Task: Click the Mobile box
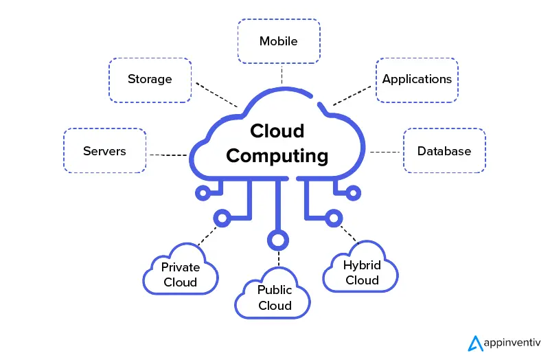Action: tap(278, 41)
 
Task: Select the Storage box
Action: tap(150, 79)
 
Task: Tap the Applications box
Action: tap(417, 79)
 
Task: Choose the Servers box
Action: tap(104, 150)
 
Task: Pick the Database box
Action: tap(444, 150)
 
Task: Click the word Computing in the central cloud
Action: tap(277, 156)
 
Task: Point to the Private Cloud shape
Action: tap(180, 274)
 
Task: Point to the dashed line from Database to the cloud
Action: tap(386, 151)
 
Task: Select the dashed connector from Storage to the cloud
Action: tap(216, 95)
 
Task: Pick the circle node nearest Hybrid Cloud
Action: tap(334, 217)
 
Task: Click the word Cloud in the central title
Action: tap(277, 131)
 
